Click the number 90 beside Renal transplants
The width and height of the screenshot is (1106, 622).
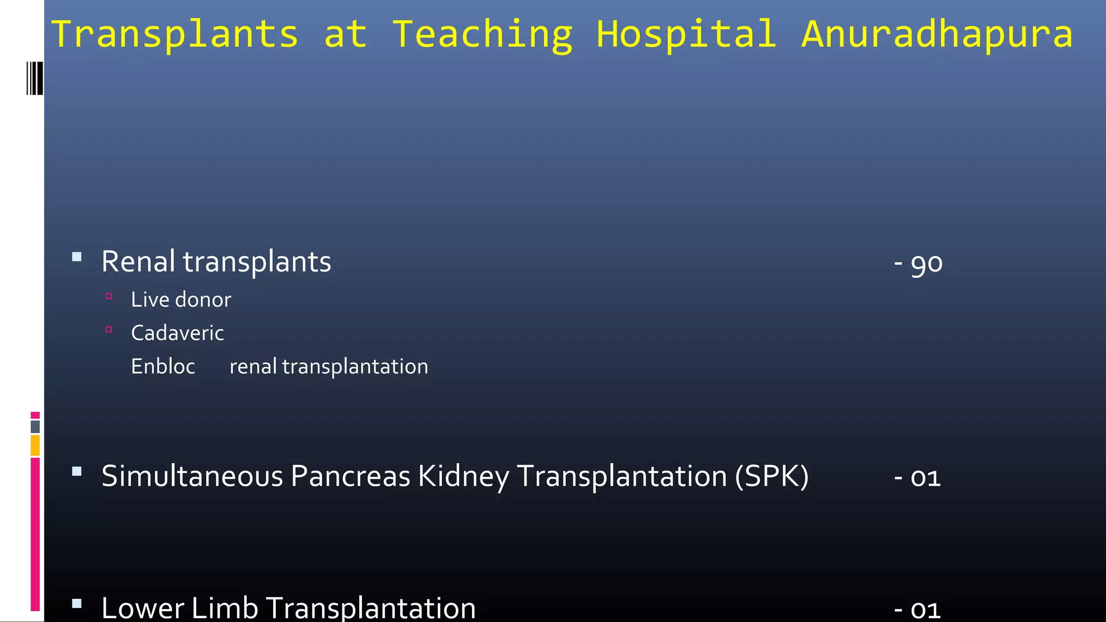point(926,263)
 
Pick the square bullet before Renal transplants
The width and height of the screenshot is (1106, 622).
point(77,257)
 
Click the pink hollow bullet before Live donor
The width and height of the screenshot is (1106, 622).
point(109,296)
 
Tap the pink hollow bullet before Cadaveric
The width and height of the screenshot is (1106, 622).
point(109,329)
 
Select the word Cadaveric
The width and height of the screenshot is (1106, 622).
point(177,333)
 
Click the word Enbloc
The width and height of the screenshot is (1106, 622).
point(163,367)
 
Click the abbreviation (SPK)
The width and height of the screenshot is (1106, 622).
point(772,476)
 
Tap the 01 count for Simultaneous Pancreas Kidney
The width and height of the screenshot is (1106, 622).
point(925,478)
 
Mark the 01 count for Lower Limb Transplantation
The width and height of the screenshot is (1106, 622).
point(925,610)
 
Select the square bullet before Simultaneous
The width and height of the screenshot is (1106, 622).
point(77,471)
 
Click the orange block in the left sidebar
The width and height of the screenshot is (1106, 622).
point(35,445)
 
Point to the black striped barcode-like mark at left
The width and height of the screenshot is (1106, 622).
point(35,78)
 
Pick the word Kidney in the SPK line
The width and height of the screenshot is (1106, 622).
point(463,476)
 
